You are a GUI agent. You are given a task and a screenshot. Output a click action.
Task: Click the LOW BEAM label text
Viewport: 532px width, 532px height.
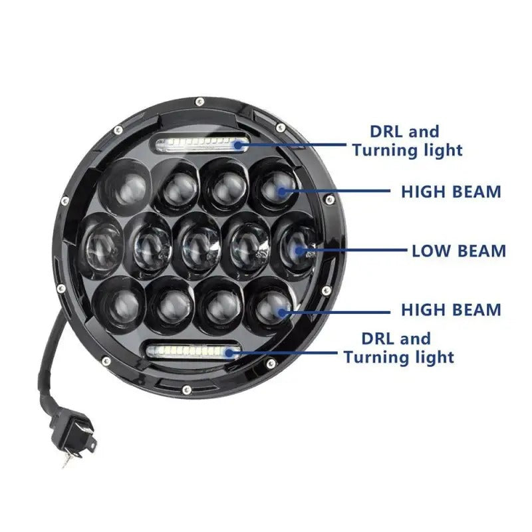[459, 251]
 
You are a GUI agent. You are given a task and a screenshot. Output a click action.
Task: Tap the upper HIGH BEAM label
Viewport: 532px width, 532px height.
[450, 192]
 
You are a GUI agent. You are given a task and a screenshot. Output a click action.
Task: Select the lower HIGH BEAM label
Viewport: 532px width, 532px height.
[450, 310]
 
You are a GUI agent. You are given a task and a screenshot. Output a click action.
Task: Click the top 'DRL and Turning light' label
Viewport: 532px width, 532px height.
[407, 141]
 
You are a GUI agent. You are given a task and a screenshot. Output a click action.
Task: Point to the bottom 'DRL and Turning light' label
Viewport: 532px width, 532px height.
[398, 348]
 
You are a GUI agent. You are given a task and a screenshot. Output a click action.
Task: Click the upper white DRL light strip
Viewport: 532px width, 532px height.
[201, 144]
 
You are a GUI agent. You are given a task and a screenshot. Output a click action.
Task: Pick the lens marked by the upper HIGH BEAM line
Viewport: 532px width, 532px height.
[274, 186]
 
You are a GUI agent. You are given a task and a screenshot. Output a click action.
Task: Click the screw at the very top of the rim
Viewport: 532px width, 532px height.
[199, 101]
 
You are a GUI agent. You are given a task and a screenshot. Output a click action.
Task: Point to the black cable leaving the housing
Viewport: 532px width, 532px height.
[52, 359]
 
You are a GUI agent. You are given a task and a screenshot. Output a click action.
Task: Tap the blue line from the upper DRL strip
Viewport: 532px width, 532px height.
[299, 143]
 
